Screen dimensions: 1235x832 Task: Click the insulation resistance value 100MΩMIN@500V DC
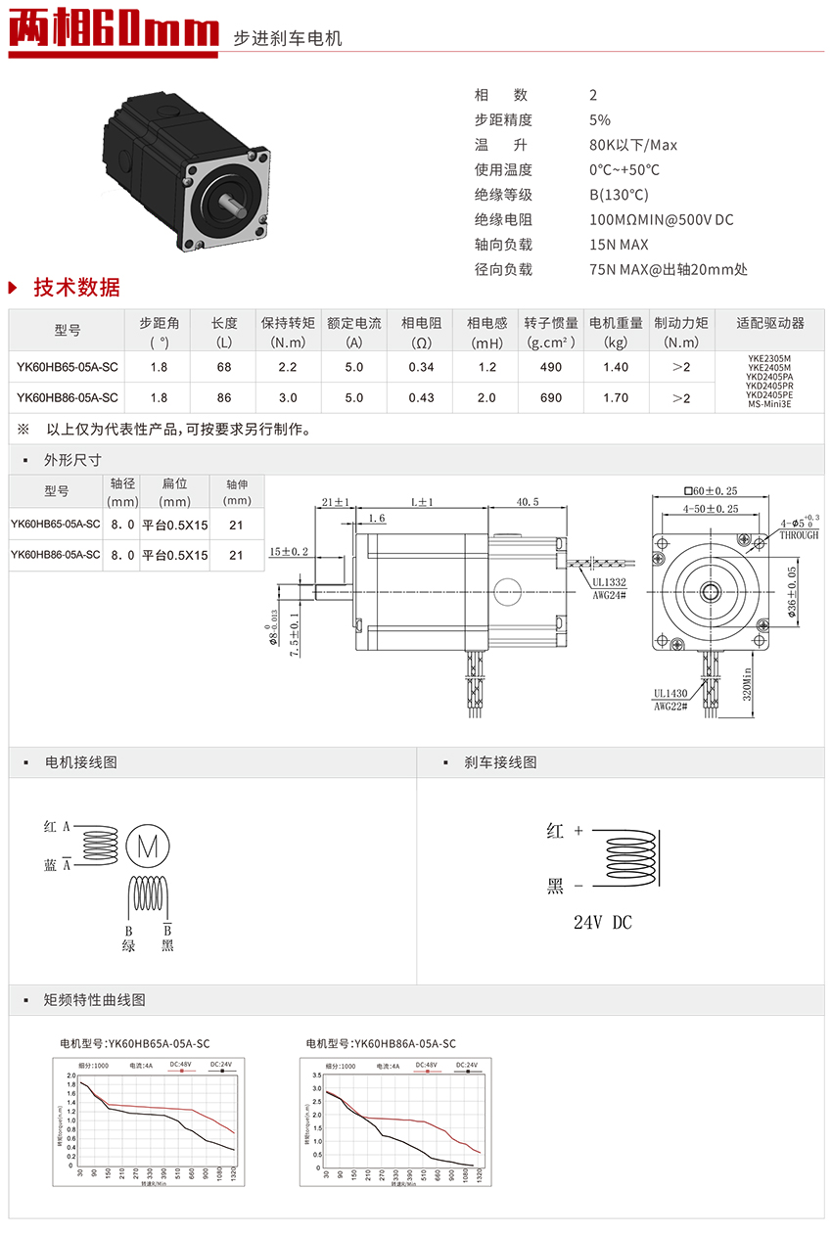click(661, 219)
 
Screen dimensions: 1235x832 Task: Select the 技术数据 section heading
click(76, 288)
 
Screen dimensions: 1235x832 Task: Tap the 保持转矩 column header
click(288, 332)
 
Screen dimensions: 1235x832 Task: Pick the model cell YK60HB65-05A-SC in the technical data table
click(68, 367)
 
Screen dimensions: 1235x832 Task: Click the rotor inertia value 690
click(551, 398)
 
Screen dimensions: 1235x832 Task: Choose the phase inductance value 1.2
click(487, 367)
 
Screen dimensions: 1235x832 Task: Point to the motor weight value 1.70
click(616, 398)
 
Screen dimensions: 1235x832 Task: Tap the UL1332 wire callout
click(608, 580)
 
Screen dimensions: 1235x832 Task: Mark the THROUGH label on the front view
click(799, 535)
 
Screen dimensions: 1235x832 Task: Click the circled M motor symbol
click(150, 846)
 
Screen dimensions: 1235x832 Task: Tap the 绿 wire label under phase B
click(128, 945)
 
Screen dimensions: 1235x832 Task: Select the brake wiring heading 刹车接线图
click(500, 762)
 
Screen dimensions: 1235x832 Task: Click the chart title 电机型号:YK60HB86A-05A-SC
click(381, 1043)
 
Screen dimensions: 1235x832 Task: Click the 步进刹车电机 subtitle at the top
click(287, 39)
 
